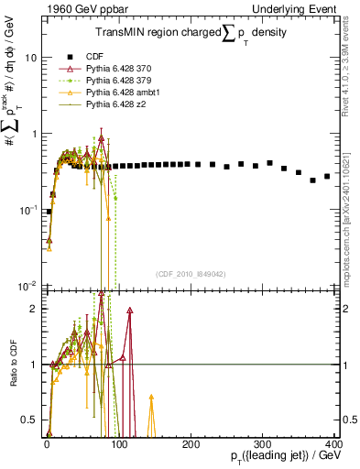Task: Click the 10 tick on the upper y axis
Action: click(x=30, y=57)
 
